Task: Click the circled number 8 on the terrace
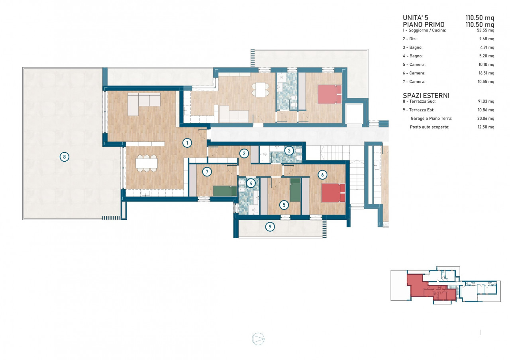coord(65,157)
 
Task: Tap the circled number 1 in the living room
coord(187,143)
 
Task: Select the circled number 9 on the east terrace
coord(270,227)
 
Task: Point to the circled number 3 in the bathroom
coord(289,151)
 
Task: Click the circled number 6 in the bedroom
coord(322,175)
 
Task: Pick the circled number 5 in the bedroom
coord(284,205)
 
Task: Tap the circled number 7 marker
coord(207,172)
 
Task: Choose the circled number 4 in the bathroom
coord(251,183)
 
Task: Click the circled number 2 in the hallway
coord(244,153)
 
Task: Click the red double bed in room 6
coord(333,193)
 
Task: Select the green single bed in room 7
coord(225,191)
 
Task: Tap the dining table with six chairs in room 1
coord(147,163)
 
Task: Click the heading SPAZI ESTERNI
coord(426,96)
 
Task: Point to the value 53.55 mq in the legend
coord(485,30)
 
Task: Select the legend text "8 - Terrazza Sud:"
coord(419,101)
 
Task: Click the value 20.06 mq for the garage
coord(486,118)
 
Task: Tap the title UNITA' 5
coord(415,18)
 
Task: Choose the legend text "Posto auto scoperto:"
coord(430,127)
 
